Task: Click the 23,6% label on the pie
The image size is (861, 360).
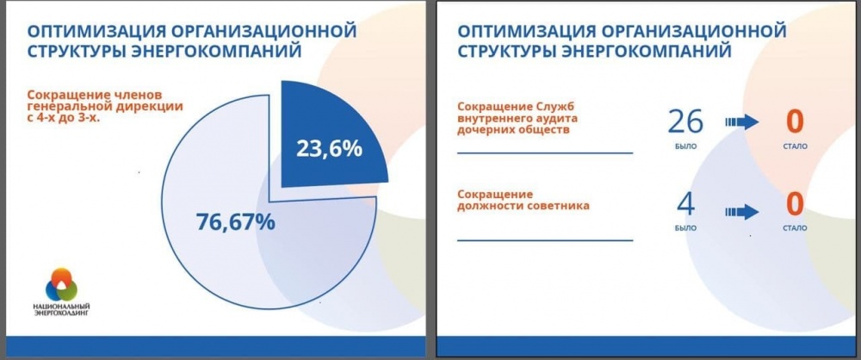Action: pyautogui.click(x=329, y=148)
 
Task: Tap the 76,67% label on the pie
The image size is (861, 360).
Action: pyautogui.click(x=235, y=221)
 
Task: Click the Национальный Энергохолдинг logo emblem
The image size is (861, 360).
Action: pyautogui.click(x=61, y=285)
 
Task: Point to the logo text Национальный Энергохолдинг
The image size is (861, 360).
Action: pyautogui.click(x=61, y=309)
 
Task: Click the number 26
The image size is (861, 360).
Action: pyautogui.click(x=685, y=122)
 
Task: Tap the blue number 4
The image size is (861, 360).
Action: pyautogui.click(x=686, y=204)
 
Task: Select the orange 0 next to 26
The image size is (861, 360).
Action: pyautogui.click(x=795, y=122)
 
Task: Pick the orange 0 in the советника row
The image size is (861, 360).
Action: pyautogui.click(x=795, y=204)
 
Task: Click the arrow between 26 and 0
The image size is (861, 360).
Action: pyautogui.click(x=741, y=122)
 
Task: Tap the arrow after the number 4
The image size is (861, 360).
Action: pyautogui.click(x=741, y=212)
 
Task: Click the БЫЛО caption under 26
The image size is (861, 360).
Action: pyautogui.click(x=685, y=146)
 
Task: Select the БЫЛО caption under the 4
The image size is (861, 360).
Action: pyautogui.click(x=685, y=228)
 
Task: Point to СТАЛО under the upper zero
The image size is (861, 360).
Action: pyautogui.click(x=795, y=146)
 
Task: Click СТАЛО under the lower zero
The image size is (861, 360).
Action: pyautogui.click(x=795, y=228)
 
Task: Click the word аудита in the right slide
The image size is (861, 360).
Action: pyautogui.click(x=558, y=118)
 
